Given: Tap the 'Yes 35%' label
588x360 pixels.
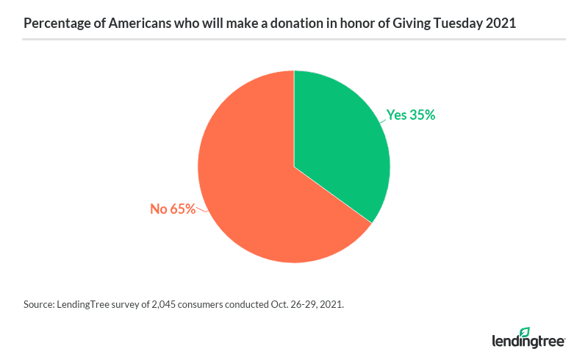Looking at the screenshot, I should point(411,115).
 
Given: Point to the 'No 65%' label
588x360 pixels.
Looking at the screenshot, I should point(173,209).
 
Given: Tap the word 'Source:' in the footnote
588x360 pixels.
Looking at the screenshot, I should point(39,304).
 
